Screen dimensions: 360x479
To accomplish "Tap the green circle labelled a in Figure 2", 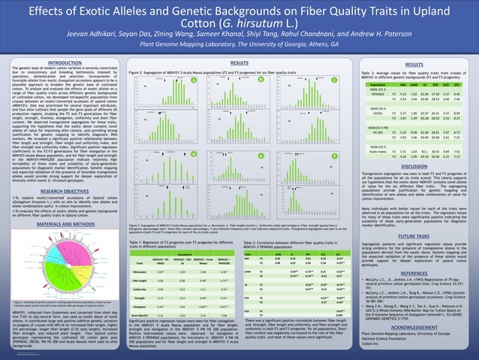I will click(193, 80).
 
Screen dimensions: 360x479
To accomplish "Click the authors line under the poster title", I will click(239, 35).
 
